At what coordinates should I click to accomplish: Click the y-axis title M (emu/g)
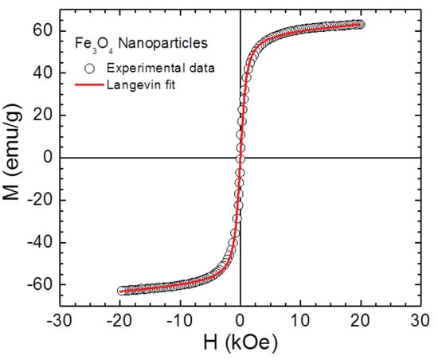pyautogui.click(x=14, y=157)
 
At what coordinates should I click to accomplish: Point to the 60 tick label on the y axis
pyautogui.click(x=41, y=30)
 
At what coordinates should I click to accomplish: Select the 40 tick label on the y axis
pyautogui.click(x=41, y=72)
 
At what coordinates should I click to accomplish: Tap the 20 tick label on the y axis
pyautogui.click(x=41, y=115)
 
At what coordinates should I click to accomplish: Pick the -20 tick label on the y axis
pyautogui.click(x=38, y=200)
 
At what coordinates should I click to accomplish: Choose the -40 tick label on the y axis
pyautogui.click(x=38, y=242)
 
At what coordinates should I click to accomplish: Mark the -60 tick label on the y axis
pyautogui.click(x=38, y=284)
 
